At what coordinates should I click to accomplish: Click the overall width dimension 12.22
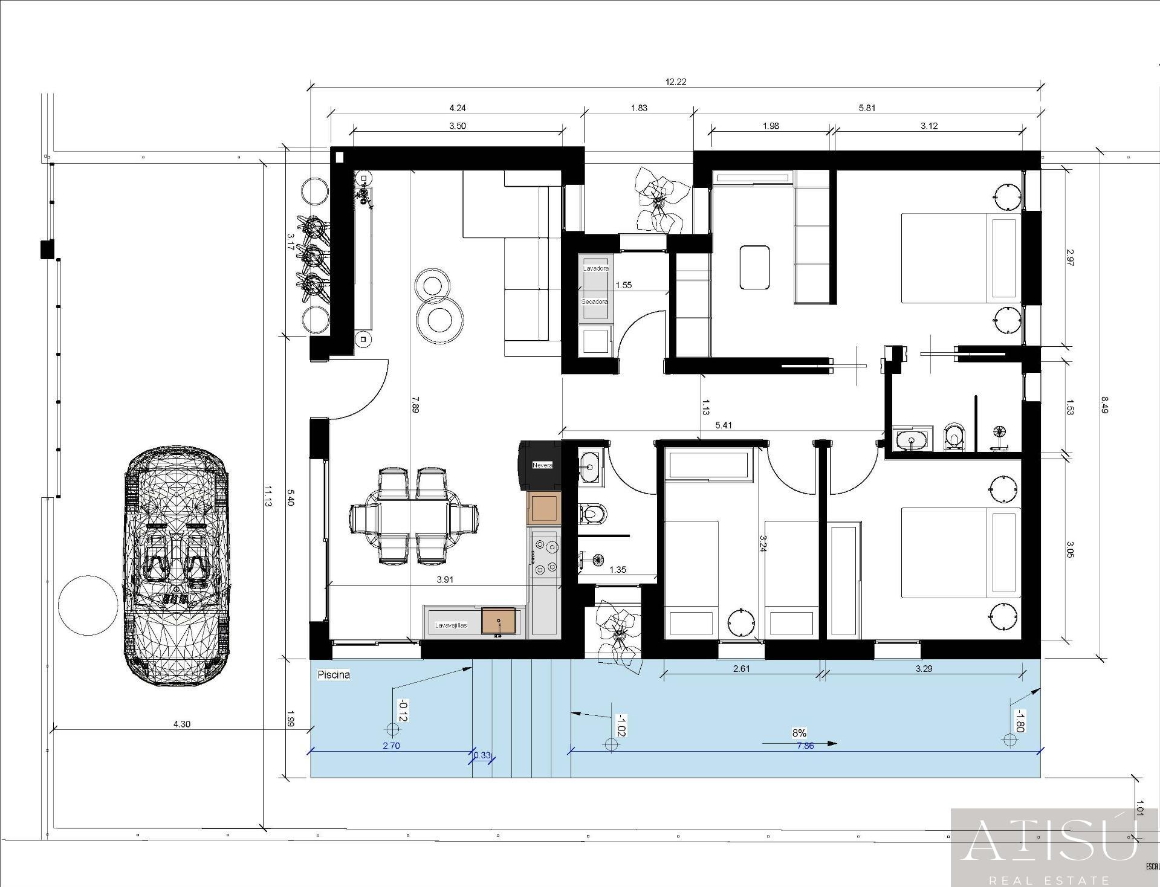click(676, 82)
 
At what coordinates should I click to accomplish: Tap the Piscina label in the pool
click(334, 675)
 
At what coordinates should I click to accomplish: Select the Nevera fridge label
click(542, 465)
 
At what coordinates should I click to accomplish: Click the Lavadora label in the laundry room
click(595, 268)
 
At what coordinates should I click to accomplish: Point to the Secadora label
click(594, 301)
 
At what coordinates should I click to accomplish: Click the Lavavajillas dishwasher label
click(451, 625)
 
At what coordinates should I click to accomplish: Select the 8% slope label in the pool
click(799, 733)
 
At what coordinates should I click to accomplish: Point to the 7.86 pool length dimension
click(805, 746)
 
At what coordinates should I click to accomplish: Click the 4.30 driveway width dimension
click(182, 724)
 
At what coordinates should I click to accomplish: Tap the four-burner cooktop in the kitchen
click(545, 556)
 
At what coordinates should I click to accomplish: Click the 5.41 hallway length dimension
click(724, 425)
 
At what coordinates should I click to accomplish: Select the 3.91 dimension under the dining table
click(445, 579)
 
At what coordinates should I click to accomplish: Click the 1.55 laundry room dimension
click(623, 285)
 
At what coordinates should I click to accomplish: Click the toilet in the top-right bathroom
click(954, 436)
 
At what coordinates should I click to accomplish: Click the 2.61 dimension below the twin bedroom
click(742, 668)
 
